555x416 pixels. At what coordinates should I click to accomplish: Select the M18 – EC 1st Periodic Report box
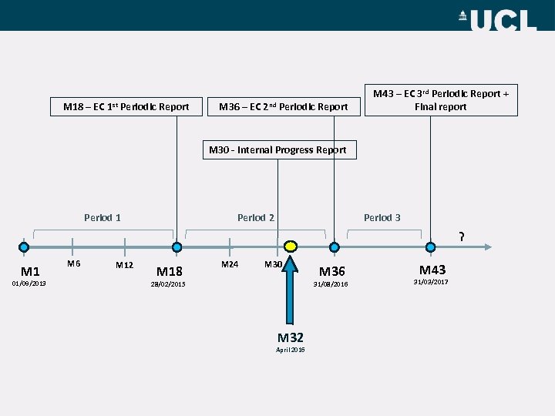tap(126, 106)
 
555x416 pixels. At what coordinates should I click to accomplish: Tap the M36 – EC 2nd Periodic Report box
tap(283, 106)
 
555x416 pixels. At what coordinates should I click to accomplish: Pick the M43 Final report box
tap(440, 100)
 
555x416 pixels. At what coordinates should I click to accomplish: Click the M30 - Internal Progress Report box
tap(277, 150)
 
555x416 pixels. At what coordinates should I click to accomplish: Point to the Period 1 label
tap(103, 218)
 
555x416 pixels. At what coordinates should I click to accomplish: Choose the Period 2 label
tap(256, 218)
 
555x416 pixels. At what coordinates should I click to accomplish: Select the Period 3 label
tap(382, 218)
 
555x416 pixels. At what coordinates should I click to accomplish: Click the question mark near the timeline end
tap(462, 237)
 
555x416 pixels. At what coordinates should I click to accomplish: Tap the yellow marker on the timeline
tap(291, 247)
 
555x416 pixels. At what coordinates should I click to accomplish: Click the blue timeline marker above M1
tap(24, 247)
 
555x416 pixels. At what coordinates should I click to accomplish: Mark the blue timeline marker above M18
tap(177, 247)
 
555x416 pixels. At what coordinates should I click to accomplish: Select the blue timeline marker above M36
tap(334, 247)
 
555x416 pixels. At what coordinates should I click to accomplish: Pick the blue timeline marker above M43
tap(430, 247)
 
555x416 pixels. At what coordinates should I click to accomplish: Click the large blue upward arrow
tap(291, 289)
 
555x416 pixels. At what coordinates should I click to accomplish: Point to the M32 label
tap(291, 337)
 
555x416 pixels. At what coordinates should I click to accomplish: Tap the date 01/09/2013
tap(29, 283)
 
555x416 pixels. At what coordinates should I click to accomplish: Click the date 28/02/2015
tap(168, 284)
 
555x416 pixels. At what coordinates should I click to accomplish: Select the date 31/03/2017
tap(431, 283)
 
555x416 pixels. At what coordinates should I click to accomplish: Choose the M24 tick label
tap(230, 264)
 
